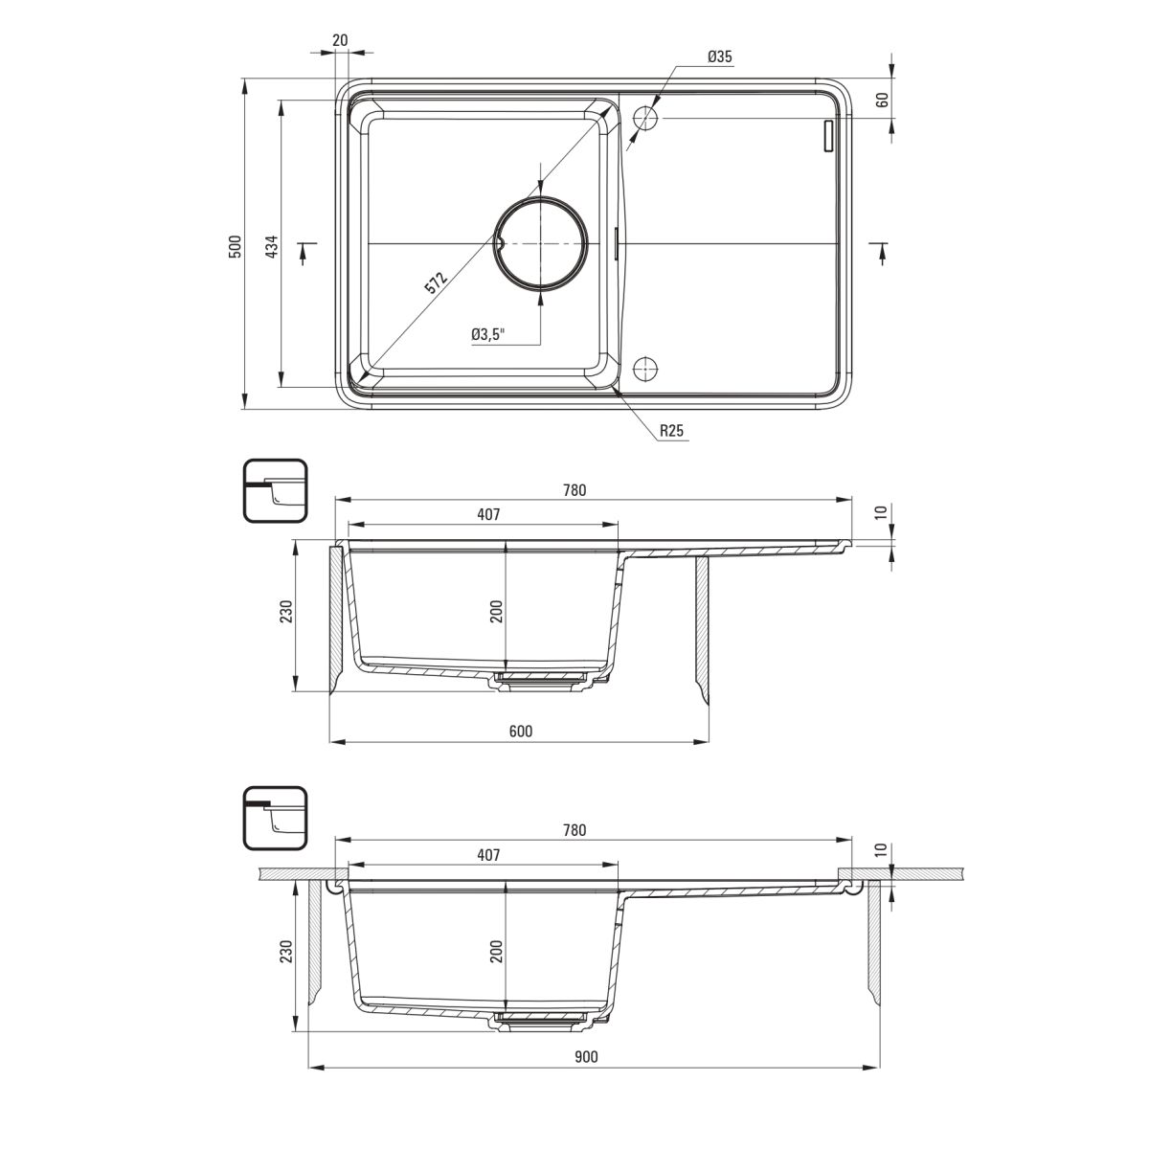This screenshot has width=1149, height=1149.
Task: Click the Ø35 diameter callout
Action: [x=720, y=56]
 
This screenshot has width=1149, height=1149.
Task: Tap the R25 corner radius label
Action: [x=671, y=431]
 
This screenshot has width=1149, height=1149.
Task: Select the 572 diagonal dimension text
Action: [x=436, y=282]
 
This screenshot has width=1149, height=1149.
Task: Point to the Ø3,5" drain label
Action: [x=487, y=334]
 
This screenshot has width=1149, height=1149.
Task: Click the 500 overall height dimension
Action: [x=236, y=246]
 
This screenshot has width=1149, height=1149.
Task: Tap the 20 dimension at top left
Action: [x=340, y=40]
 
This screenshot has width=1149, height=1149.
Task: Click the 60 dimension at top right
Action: [x=882, y=101]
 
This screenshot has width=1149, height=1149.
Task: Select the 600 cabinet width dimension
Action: [x=521, y=731]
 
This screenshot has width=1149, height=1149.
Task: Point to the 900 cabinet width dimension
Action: [x=586, y=1056]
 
